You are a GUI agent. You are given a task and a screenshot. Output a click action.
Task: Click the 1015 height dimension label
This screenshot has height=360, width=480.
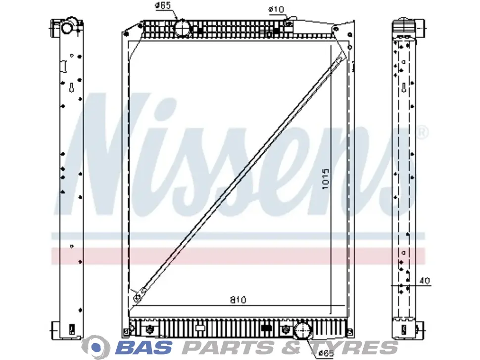pos(326,179)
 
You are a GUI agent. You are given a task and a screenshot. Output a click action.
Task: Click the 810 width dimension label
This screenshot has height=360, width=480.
pos(238,300)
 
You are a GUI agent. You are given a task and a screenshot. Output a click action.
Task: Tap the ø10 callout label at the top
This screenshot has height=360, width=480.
pos(276,9)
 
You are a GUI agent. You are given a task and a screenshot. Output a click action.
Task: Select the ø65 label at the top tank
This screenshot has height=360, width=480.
pos(163,5)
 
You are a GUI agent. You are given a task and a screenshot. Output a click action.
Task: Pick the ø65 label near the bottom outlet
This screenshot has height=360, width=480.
pos(326,353)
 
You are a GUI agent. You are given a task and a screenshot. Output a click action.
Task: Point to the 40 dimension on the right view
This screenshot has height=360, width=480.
pos(424,280)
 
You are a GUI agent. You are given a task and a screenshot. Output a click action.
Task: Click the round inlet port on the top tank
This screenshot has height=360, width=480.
pos(183,29)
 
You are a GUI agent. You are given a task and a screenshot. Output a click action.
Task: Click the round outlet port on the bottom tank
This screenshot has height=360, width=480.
pos(302,330)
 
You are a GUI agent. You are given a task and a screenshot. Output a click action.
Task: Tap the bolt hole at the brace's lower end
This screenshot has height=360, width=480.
pos(138,298)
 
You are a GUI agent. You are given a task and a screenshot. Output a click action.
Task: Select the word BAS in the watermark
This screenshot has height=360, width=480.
pos(144,348)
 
